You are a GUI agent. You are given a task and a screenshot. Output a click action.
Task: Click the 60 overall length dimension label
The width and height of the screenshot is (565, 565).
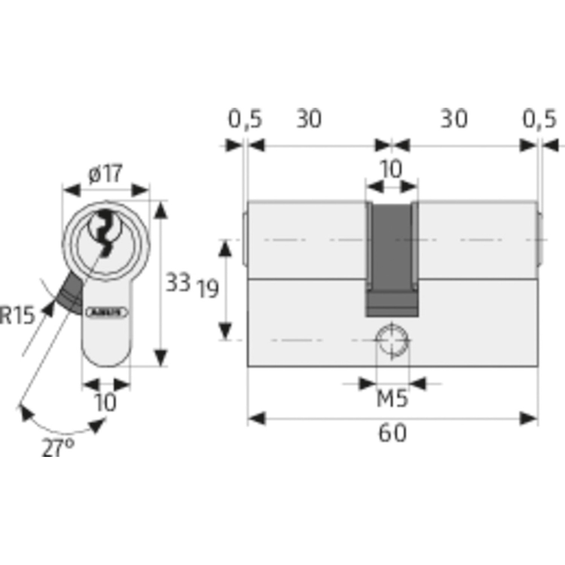392,433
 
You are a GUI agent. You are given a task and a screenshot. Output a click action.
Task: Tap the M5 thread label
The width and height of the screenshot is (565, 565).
392,399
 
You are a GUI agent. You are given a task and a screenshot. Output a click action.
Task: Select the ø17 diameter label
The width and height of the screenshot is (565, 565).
105,174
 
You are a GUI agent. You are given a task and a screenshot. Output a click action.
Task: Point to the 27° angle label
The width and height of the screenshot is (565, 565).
58,448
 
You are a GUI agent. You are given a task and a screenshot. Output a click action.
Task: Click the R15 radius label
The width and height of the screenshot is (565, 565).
17,315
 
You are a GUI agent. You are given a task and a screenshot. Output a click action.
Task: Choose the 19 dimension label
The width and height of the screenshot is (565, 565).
208,289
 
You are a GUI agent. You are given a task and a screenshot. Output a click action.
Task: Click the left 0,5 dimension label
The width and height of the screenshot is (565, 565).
245,119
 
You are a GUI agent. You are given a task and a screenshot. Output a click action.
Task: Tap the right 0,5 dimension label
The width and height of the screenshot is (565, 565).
539,119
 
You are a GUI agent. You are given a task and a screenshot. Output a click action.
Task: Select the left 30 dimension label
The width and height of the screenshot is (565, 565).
309,119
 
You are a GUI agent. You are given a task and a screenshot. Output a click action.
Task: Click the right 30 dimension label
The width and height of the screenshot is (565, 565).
454,119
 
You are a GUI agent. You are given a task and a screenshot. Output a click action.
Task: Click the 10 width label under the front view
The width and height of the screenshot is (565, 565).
106,402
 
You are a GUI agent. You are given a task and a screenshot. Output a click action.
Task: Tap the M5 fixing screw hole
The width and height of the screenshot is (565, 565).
392,340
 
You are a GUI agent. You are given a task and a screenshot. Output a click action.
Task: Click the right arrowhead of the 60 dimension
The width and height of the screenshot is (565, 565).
529,418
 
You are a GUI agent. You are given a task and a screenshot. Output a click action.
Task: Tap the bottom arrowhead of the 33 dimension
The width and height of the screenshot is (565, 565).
161,357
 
